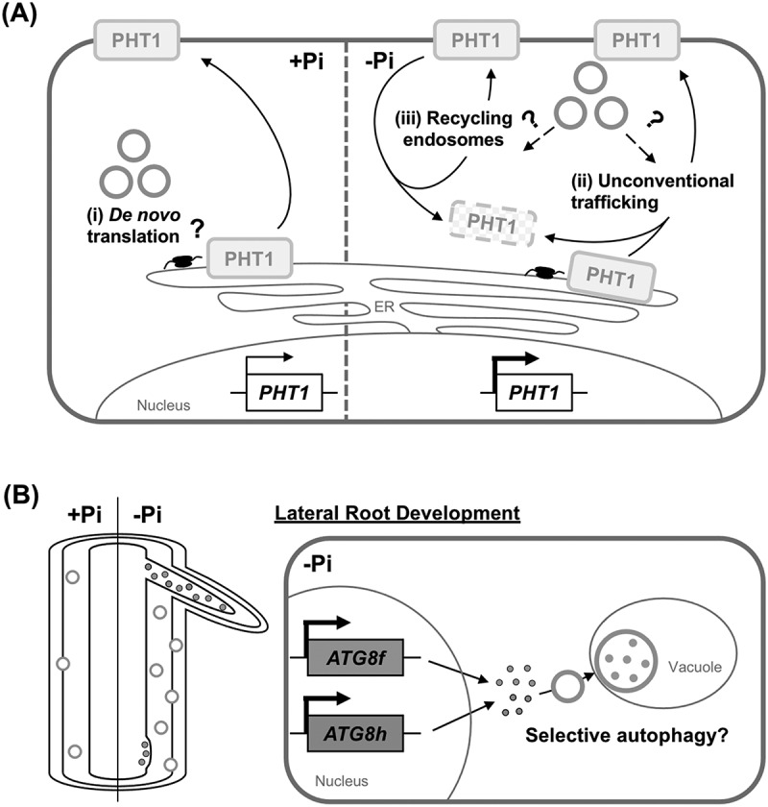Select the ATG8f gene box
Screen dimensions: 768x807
pos(355,657)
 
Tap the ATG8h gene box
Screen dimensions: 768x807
pos(355,733)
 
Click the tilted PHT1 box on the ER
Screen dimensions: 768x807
pos(612,277)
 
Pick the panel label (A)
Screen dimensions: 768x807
pos(19,13)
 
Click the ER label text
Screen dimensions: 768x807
pos(384,306)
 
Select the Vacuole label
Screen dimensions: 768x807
pos(695,667)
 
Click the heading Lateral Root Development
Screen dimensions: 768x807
pos(397,513)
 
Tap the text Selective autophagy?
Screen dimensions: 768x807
pos(627,736)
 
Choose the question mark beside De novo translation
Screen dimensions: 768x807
pos(198,228)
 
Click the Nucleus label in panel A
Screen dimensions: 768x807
pos(163,405)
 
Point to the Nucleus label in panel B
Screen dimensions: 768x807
pos(342,781)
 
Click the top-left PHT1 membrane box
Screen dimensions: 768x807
pos(136,39)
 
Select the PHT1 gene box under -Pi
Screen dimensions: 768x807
pos(534,393)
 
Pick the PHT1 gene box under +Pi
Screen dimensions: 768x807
pos(284,393)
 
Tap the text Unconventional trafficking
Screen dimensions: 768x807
pos(652,191)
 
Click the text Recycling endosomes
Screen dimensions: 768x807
pos(453,129)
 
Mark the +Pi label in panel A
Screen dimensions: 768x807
pos(306,61)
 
